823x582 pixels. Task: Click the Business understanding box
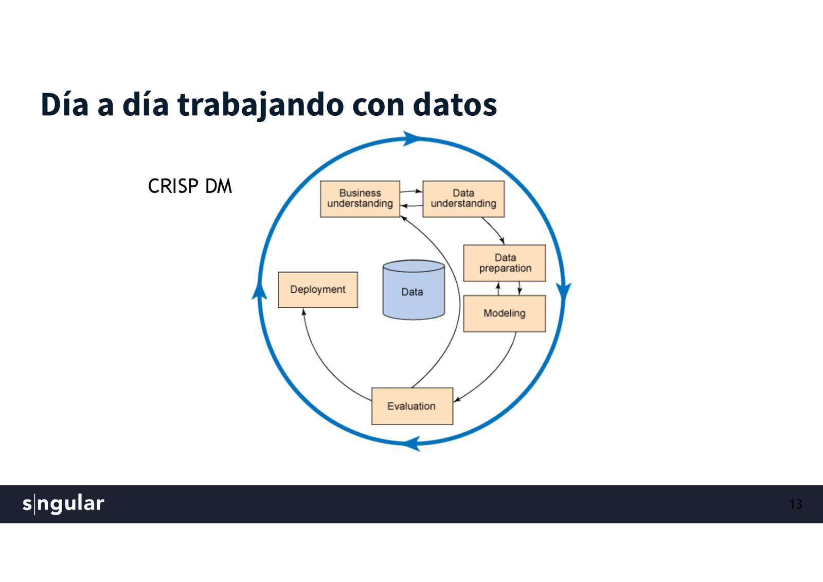pyautogui.click(x=360, y=199)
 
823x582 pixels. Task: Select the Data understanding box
pyautogui.click(x=463, y=199)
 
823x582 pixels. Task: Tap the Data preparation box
pyautogui.click(x=505, y=263)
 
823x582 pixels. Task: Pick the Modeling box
pyautogui.click(x=505, y=313)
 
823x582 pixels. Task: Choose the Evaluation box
pyautogui.click(x=412, y=406)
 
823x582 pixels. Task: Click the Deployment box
pyautogui.click(x=318, y=290)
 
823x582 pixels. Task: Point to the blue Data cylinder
pyautogui.click(x=414, y=291)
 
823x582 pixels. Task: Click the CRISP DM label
pyautogui.click(x=190, y=186)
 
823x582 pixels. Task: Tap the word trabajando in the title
pyautogui.click(x=260, y=104)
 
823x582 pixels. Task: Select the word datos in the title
pyautogui.click(x=455, y=104)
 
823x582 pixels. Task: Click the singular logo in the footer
pyautogui.click(x=63, y=503)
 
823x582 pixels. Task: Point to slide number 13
pyautogui.click(x=795, y=504)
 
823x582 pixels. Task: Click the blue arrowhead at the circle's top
pyautogui.click(x=411, y=138)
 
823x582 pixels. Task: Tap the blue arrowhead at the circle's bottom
pyautogui.click(x=412, y=443)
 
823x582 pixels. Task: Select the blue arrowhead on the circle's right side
pyautogui.click(x=564, y=290)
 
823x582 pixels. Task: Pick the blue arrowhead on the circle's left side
pyautogui.click(x=259, y=291)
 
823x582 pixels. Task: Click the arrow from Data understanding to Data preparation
pyautogui.click(x=494, y=231)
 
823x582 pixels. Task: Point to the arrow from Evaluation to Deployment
pyautogui.click(x=324, y=360)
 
